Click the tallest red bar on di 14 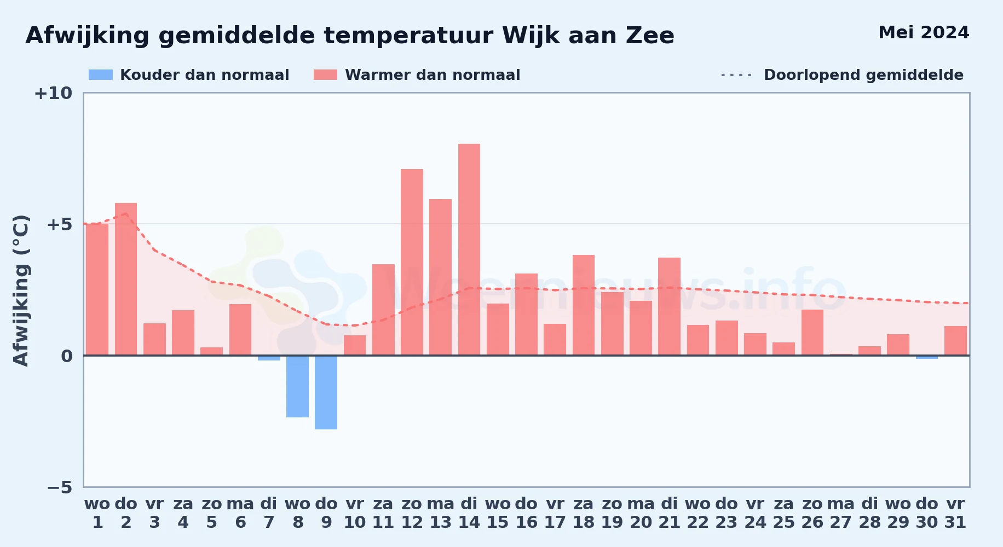469,249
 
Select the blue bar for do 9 326,392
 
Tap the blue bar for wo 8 297,386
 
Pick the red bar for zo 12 412,262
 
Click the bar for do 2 126,279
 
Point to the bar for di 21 669,306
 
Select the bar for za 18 584,305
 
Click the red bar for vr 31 955,341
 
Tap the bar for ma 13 441,277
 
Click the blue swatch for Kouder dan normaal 101,75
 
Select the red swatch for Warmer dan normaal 326,75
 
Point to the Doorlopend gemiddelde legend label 863,75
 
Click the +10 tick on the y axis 53,93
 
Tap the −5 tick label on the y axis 60,487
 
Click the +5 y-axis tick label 60,224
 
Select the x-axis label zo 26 812,513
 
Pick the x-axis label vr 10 355,513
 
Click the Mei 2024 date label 924,33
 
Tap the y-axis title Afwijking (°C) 21,290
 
